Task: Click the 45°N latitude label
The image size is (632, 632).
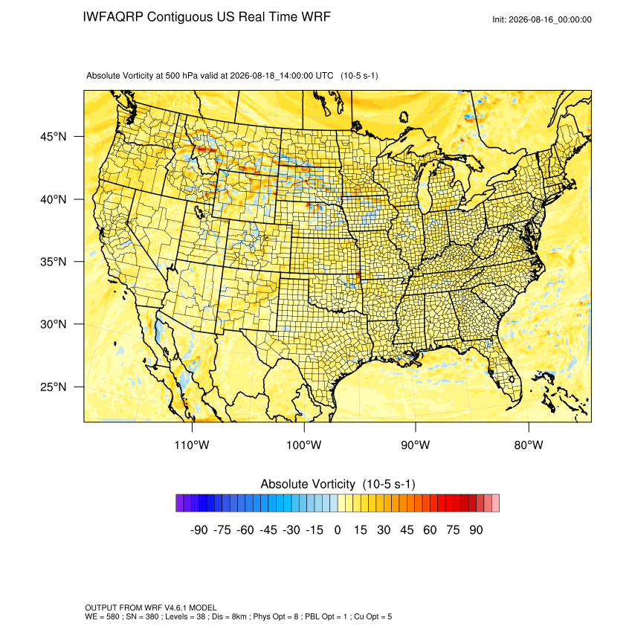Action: pyautogui.click(x=53, y=137)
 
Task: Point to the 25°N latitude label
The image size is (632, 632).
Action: pyautogui.click(x=53, y=387)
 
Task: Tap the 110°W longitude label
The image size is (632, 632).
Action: pyautogui.click(x=192, y=445)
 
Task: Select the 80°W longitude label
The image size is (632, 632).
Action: pyautogui.click(x=529, y=445)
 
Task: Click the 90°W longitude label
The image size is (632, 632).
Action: pyautogui.click(x=415, y=445)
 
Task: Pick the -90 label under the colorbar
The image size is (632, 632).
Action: pyautogui.click(x=199, y=529)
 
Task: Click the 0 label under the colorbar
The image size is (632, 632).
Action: pyautogui.click(x=338, y=529)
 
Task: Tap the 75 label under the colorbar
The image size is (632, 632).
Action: pyautogui.click(x=453, y=529)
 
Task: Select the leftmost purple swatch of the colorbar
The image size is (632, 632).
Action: pyautogui.click(x=180, y=503)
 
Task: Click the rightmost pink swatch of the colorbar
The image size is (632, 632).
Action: pyautogui.click(x=495, y=503)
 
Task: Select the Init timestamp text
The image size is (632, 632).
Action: pyautogui.click(x=542, y=19)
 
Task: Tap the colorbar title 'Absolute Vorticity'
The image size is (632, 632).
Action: pyautogui.click(x=308, y=484)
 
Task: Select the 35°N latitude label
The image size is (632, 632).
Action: pyautogui.click(x=53, y=262)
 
